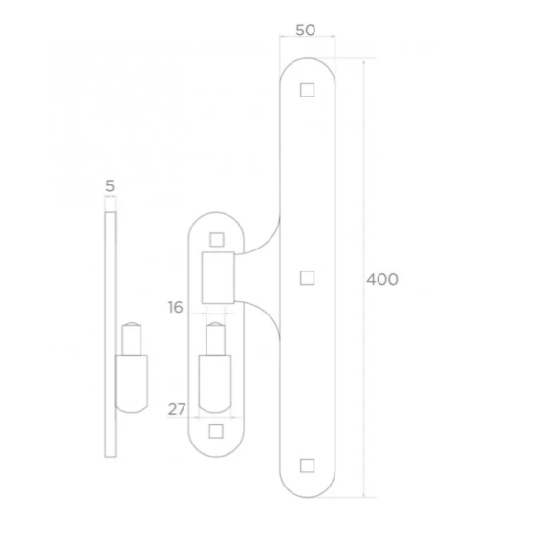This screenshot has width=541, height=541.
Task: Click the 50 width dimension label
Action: coord(306,30)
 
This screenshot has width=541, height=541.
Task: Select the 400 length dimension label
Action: coord(382,279)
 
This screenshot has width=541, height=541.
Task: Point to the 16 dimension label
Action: coord(176,306)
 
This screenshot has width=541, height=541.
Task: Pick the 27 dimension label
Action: coord(176,409)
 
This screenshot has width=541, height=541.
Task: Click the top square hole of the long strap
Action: coord(307,91)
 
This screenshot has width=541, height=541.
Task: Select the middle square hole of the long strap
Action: coord(307,278)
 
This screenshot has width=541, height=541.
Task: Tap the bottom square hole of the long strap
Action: coord(307,465)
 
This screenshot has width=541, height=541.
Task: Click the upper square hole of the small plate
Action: coord(217,240)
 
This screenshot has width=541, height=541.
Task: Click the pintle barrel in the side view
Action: coord(132,382)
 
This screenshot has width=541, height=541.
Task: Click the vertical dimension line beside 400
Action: coord(364,191)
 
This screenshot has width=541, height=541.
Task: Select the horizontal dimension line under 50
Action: coord(307,39)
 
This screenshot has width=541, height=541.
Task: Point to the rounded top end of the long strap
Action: coord(307,67)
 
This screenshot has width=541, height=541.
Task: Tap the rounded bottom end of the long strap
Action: coord(307,489)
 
